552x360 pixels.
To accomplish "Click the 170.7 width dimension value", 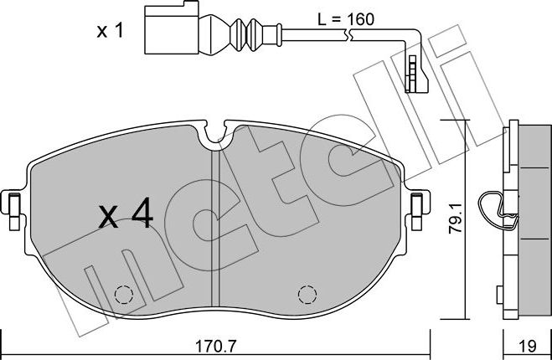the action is [216, 347].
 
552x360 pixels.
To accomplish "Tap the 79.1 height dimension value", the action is [457, 219].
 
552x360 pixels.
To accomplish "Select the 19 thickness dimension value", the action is [528, 347].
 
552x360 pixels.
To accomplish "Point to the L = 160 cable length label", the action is [346, 19].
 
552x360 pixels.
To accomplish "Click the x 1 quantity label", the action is [111, 31].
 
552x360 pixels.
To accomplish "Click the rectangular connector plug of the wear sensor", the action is [172, 28].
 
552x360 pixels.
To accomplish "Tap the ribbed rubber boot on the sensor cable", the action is [246, 35].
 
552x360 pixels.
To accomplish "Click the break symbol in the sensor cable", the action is [348, 35].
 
